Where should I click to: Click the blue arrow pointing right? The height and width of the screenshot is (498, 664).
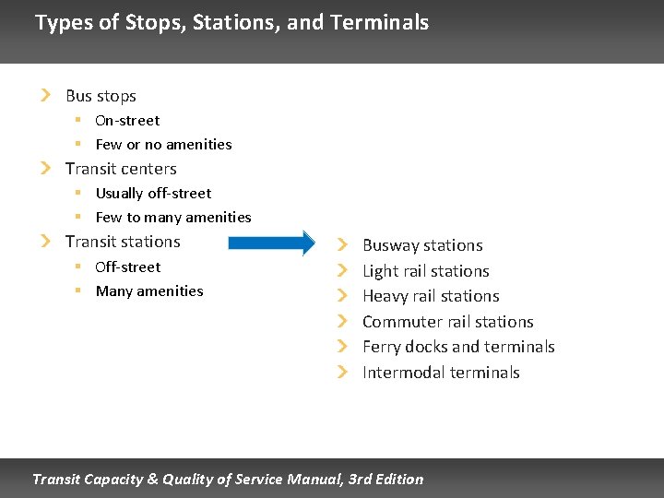[x=271, y=243]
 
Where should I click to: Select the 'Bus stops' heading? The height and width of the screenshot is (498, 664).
[x=101, y=96]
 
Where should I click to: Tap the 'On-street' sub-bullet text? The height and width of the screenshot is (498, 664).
[x=127, y=121]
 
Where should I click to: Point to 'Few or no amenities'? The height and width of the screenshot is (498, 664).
[x=163, y=145]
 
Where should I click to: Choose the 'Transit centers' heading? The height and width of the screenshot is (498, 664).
[x=121, y=169]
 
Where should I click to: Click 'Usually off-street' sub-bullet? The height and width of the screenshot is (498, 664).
[x=153, y=194]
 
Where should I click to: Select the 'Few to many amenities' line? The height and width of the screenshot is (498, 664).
[x=173, y=218]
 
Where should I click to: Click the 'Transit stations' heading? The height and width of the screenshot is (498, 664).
[x=123, y=242]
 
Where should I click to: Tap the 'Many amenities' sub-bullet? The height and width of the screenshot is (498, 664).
[x=149, y=291]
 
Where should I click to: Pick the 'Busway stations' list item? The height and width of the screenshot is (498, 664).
[x=422, y=245]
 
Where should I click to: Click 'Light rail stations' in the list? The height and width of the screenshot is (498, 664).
[x=425, y=271]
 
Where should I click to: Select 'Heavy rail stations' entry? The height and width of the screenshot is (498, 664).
[x=431, y=296]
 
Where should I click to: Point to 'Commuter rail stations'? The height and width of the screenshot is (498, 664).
[x=447, y=322]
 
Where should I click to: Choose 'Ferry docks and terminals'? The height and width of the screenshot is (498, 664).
[x=458, y=347]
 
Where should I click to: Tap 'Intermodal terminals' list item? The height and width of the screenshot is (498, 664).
[x=441, y=373]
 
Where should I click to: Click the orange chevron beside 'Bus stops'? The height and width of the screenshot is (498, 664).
[x=45, y=95]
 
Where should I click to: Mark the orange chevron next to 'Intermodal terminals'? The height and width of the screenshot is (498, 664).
[x=342, y=372]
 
